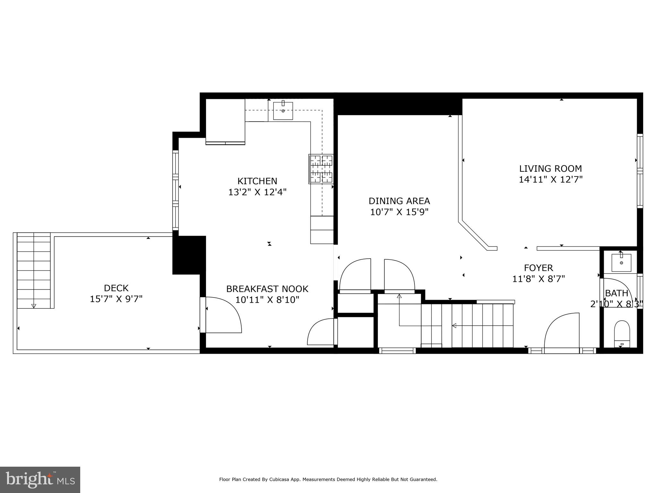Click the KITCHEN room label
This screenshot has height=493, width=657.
[257, 181]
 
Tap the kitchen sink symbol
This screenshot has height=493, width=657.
[283, 111]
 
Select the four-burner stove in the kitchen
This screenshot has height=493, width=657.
[321, 169]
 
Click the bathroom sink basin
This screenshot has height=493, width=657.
[621, 263]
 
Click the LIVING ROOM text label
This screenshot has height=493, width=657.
[550, 169]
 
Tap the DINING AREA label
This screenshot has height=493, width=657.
[399, 201]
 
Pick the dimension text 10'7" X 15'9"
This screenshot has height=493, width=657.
[399, 212]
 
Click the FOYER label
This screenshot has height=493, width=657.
[538, 268]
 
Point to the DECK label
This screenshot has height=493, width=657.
[116, 288]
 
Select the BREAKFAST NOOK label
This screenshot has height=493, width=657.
[267, 289]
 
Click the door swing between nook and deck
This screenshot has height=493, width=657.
[225, 315]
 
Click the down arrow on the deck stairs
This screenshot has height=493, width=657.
[34, 306]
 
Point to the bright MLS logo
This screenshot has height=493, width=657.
[40, 480]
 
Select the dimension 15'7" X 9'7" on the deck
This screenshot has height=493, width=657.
[116, 299]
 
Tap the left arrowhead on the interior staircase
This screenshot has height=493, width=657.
[454, 326]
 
